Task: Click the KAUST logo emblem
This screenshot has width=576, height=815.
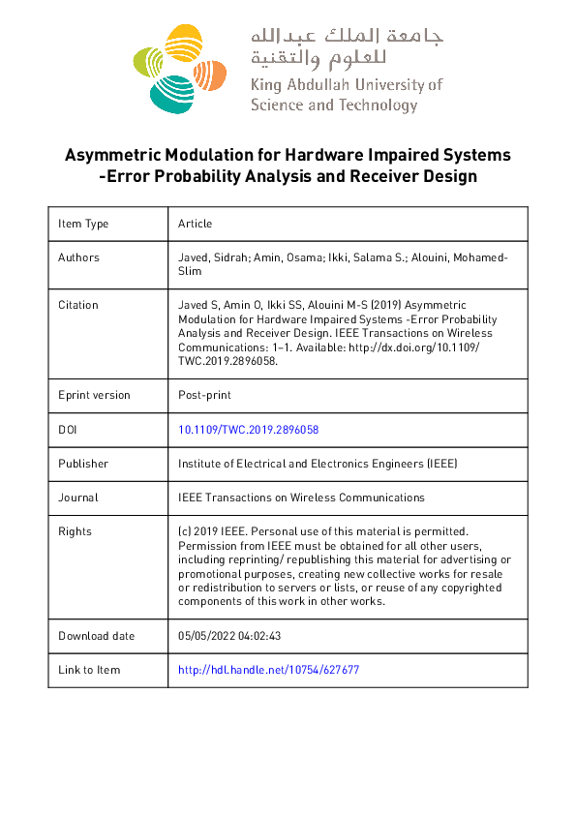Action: (179, 68)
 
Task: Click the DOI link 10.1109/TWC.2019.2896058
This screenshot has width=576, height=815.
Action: (249, 429)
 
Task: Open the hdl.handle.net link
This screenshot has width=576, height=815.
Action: (269, 670)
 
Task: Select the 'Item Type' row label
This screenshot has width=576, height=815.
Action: (83, 224)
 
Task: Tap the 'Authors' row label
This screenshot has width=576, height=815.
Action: (78, 257)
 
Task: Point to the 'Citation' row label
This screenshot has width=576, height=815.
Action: (78, 305)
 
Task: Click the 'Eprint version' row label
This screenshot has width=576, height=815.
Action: (94, 395)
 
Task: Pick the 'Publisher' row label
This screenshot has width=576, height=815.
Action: (83, 464)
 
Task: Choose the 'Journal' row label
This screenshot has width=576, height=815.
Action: (78, 498)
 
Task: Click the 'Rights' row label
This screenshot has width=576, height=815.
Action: (76, 531)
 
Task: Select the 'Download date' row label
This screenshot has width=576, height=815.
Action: (97, 636)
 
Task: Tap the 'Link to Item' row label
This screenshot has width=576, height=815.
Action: (89, 670)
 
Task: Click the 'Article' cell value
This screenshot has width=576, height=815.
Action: (195, 224)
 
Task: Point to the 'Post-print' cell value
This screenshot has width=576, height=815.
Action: (205, 395)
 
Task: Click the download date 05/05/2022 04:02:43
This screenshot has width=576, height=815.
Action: (229, 636)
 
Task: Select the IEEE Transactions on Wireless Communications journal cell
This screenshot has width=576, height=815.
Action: (301, 498)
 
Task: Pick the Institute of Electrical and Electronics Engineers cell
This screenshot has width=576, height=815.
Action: (318, 464)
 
